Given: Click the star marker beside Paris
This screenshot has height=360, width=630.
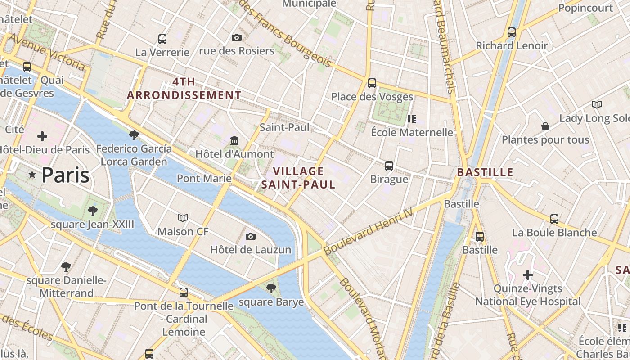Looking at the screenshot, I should [32, 175].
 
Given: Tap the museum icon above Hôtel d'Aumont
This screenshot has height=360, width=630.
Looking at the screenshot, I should [234, 141].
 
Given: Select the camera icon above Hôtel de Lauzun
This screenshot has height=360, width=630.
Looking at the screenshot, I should [251, 236].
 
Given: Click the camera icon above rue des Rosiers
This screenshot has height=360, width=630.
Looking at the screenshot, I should [237, 37].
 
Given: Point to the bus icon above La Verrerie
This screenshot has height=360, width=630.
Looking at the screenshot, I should [162, 39].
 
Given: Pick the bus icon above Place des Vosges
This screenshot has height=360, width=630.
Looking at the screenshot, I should [372, 83].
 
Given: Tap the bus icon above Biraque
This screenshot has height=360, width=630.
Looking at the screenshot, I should [389, 166].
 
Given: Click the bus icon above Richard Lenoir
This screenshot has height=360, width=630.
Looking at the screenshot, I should [512, 32].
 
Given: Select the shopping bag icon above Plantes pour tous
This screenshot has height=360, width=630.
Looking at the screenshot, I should [545, 126].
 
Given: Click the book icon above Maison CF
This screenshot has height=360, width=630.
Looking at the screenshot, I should [183, 218].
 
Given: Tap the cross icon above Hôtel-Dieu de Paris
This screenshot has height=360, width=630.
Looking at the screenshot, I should [42, 136].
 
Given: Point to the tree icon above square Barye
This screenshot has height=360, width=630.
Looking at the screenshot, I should [271, 288].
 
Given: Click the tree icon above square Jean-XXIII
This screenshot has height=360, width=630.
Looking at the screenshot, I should [93, 211].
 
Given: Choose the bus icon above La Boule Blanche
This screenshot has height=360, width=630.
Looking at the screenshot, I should [554, 219].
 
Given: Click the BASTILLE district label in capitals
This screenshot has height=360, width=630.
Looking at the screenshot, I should [485, 172].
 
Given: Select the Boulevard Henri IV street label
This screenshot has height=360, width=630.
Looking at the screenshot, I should [368, 232].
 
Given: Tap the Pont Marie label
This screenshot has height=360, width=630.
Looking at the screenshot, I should [204, 178].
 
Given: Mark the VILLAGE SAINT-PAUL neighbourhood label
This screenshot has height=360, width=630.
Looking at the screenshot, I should [298, 178].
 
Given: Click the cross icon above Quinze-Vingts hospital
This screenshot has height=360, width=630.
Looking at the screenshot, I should [528, 274].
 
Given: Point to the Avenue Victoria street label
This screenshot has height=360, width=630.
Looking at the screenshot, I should [46, 52].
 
